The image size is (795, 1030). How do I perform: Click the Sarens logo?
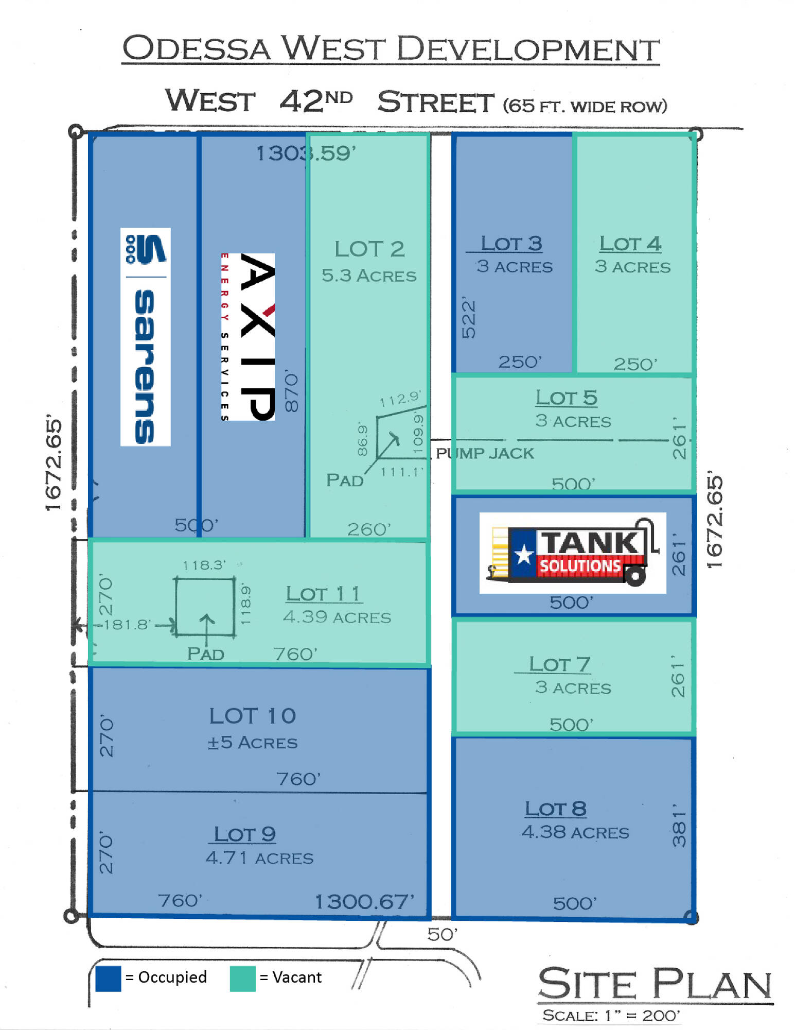[x=145, y=337]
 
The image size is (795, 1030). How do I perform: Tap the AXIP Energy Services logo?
[x=248, y=337]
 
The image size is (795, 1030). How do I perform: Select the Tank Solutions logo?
[x=573, y=553]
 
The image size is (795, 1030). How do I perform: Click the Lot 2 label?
[x=369, y=249]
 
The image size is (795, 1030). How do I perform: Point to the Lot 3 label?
[x=511, y=244]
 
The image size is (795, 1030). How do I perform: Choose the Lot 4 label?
[x=630, y=244]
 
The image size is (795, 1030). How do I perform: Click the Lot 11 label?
[x=324, y=594]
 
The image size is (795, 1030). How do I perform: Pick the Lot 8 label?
[x=556, y=809]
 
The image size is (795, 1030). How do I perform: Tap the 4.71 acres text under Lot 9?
[x=259, y=857]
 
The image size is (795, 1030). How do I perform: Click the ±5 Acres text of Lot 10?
[x=253, y=742]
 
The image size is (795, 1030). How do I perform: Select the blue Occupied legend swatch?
[x=108, y=978]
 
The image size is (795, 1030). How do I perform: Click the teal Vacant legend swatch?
[x=243, y=978]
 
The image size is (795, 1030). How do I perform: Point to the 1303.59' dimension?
[x=306, y=153]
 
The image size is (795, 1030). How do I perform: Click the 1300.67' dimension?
[x=364, y=902]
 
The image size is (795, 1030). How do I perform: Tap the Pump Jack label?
[x=485, y=453]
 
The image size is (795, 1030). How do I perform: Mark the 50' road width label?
[x=443, y=934]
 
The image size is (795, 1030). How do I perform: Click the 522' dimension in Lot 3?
[x=469, y=317]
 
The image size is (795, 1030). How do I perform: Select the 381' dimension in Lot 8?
[x=679, y=825]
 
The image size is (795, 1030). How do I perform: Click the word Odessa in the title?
[x=197, y=48]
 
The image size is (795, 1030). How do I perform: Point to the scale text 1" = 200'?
[x=642, y=1016]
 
